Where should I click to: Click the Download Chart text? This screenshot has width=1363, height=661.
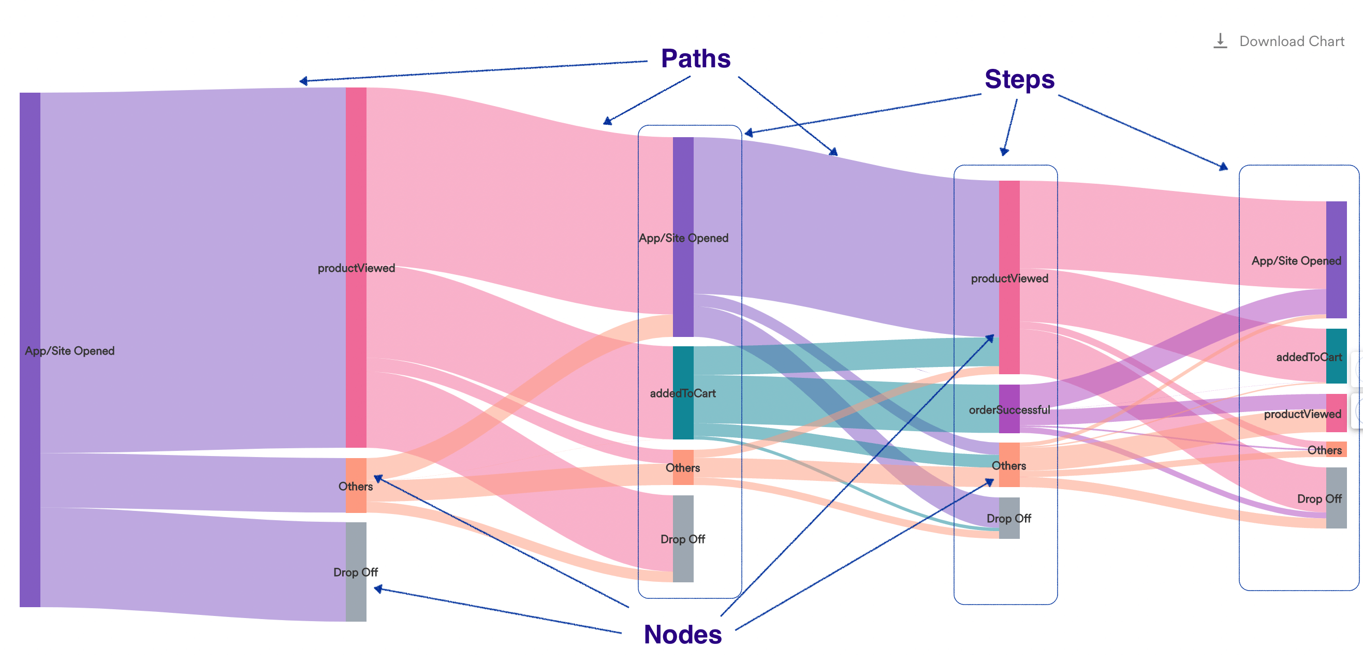(1291, 41)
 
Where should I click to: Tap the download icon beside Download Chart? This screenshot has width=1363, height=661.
(1220, 41)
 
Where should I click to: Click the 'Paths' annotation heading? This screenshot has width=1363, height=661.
(695, 58)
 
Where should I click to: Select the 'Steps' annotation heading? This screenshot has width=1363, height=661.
(1019, 79)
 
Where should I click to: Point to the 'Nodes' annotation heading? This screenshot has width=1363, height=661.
(683, 634)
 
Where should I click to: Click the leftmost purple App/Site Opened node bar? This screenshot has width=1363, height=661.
(30, 349)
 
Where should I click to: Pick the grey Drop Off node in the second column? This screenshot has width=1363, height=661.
(356, 571)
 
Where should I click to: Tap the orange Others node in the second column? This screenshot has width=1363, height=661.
(356, 486)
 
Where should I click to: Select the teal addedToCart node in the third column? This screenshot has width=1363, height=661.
(683, 393)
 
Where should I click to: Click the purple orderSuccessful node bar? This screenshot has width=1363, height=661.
(1009, 408)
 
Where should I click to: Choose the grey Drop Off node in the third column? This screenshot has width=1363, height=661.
(683, 538)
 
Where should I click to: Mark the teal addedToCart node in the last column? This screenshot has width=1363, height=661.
(1336, 356)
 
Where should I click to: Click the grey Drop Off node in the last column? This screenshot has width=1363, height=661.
(1336, 497)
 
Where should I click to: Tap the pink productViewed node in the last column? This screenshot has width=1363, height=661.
(1336, 413)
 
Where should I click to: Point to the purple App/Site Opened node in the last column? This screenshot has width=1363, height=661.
(1336, 259)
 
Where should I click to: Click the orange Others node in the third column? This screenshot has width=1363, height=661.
(683, 467)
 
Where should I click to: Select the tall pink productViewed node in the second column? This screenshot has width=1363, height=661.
(356, 267)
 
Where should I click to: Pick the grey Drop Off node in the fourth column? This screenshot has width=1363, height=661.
(1009, 518)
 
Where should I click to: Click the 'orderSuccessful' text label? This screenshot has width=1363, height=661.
(1009, 409)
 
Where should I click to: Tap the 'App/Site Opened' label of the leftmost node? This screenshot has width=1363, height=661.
(69, 351)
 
